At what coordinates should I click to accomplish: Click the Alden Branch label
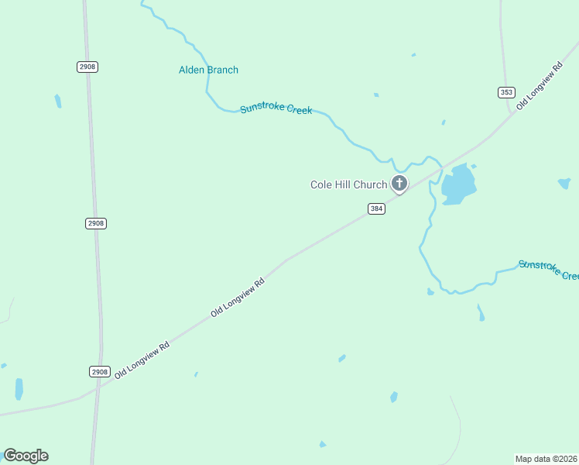208,70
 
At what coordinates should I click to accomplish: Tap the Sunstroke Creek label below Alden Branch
276,109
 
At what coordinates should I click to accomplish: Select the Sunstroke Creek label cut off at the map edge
548,270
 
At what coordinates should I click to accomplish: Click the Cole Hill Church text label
348,184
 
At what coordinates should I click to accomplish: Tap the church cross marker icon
399,184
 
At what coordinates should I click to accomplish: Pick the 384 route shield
376,209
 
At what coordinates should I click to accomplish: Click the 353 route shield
506,92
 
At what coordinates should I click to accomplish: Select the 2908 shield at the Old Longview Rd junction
99,371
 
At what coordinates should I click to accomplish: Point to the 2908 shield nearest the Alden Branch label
87,67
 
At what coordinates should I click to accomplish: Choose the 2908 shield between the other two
96,223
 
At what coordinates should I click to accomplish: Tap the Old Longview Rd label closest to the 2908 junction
142,360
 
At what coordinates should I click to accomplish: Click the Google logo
26,456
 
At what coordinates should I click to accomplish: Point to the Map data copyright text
546,459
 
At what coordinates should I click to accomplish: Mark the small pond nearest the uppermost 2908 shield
58,101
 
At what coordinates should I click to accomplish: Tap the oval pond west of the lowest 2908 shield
19,389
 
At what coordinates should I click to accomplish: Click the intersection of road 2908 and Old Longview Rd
98,387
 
